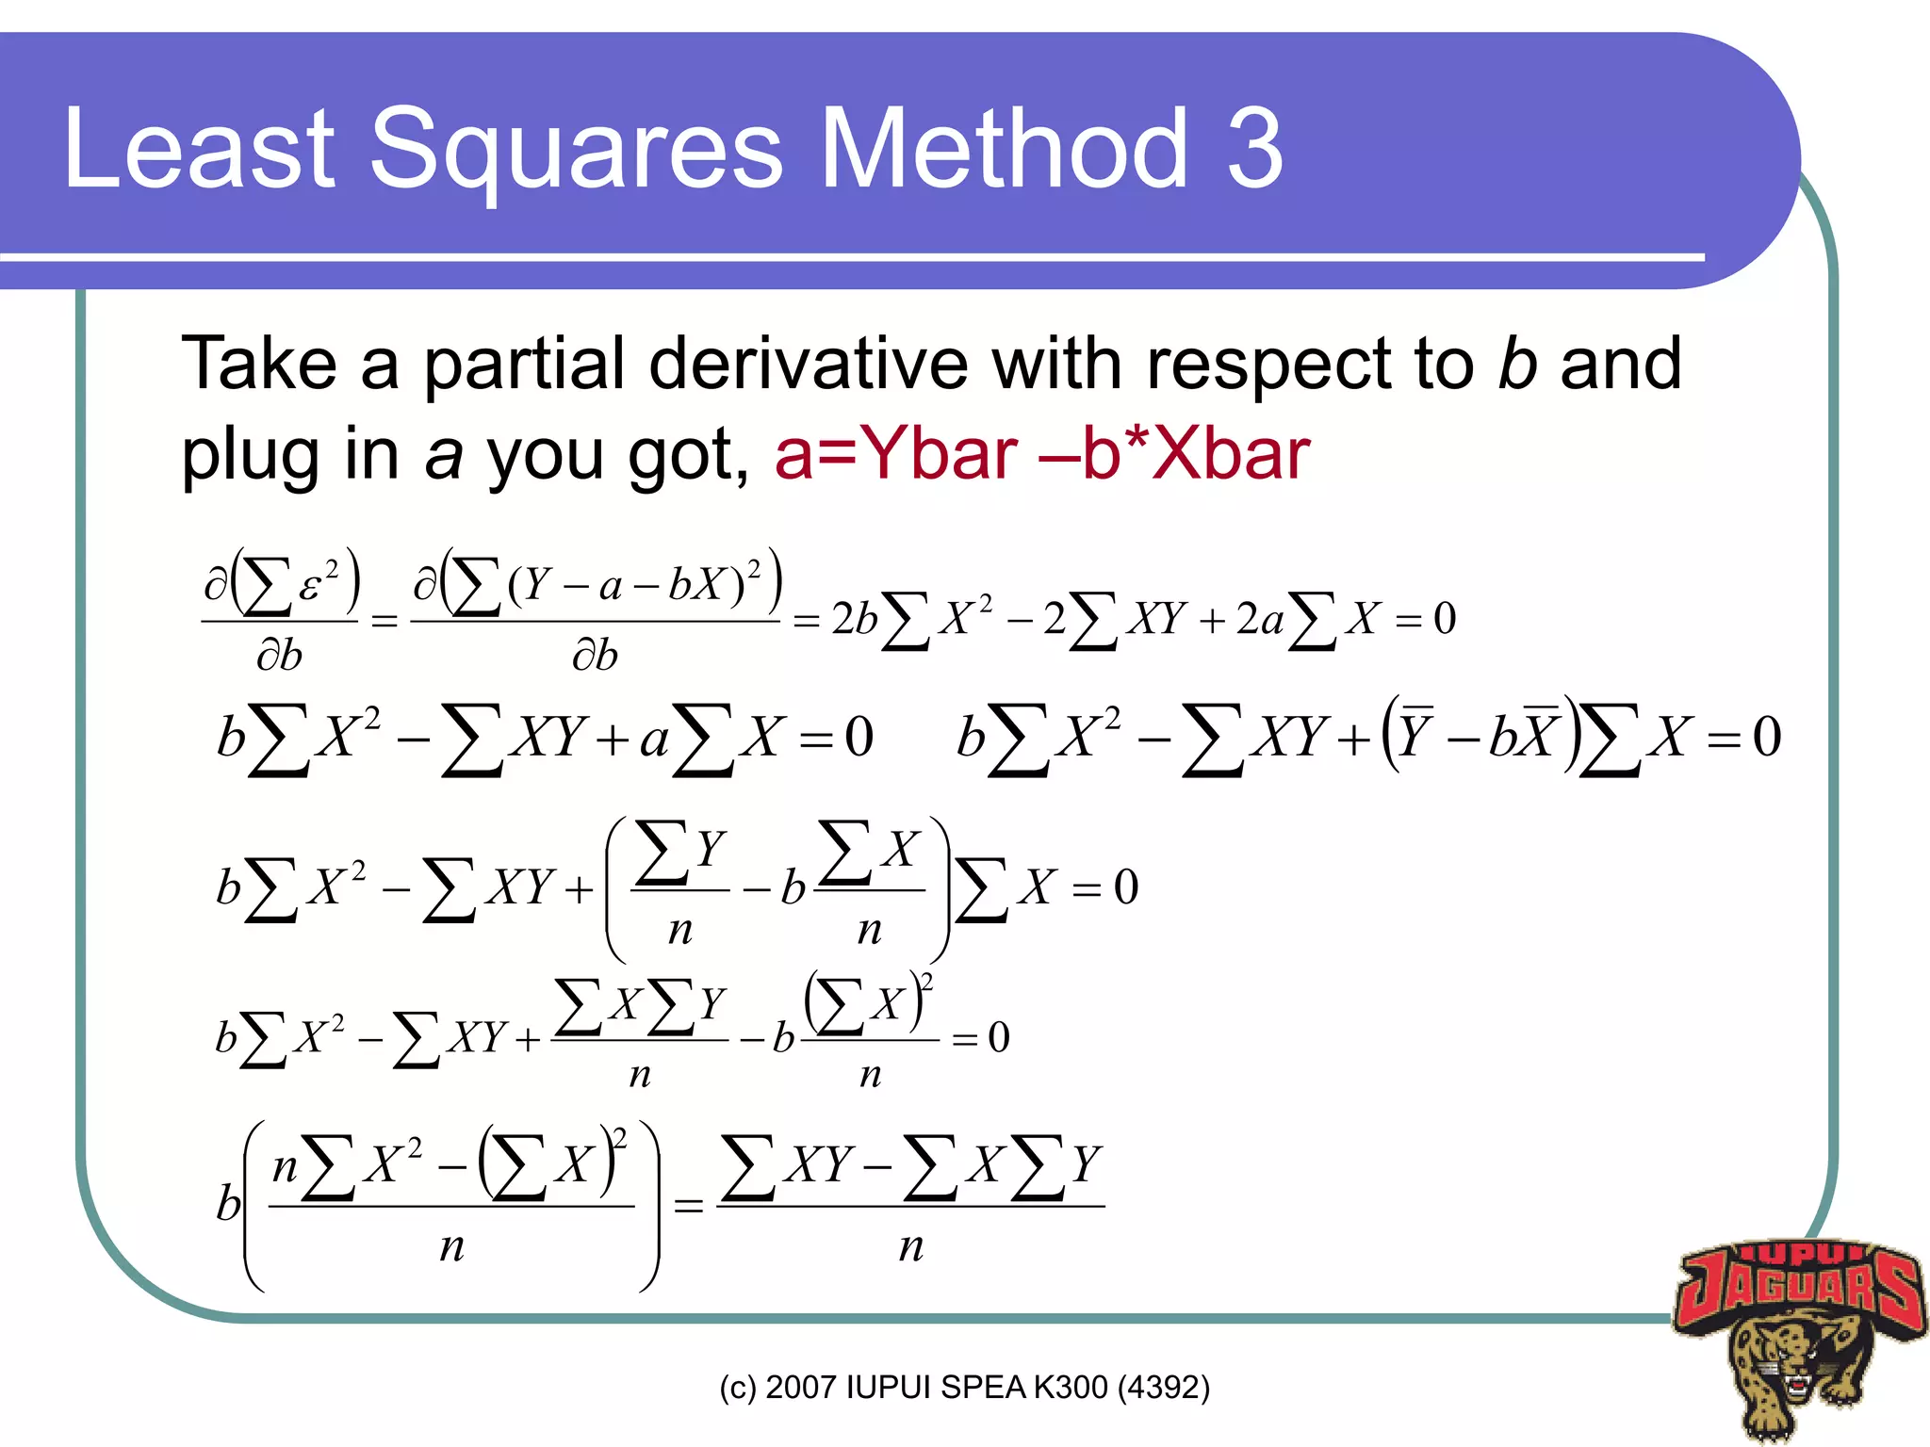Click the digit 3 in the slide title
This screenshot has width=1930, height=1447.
pyautogui.click(x=1254, y=149)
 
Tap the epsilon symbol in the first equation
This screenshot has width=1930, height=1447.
pyautogui.click(x=308, y=587)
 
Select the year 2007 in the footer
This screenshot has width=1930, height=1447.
pyautogui.click(x=800, y=1388)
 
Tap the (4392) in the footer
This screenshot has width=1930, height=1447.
pyautogui.click(x=1163, y=1388)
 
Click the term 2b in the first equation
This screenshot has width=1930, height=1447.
pyautogui.click(x=854, y=619)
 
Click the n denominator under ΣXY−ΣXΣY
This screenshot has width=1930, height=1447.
pyautogui.click(x=910, y=1245)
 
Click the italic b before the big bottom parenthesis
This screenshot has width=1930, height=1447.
pyautogui.click(x=228, y=1203)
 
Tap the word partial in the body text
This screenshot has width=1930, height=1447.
pyautogui.click(x=524, y=364)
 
